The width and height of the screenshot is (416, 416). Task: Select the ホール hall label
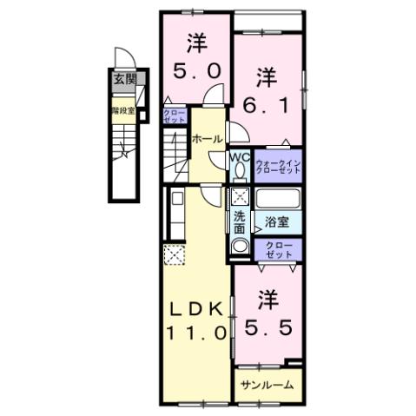(x=206, y=139)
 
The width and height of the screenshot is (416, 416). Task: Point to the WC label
(x=241, y=158)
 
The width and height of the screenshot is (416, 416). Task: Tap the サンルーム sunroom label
(x=267, y=384)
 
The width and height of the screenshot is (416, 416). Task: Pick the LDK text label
(x=196, y=308)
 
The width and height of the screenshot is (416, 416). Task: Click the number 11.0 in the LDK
(x=196, y=332)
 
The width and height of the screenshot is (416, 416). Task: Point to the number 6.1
(x=267, y=102)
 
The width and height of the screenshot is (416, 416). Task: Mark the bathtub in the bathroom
(x=277, y=196)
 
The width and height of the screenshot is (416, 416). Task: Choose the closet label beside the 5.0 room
(x=172, y=116)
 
